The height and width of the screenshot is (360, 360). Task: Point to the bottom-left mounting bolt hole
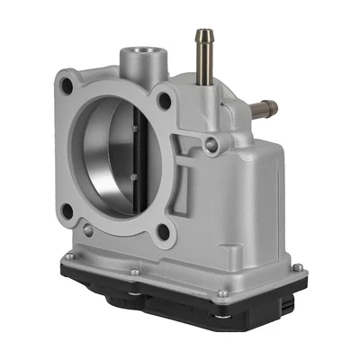point(67,211)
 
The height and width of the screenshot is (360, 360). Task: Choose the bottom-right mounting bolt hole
point(161,231)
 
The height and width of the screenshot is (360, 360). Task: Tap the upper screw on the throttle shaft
point(133,128)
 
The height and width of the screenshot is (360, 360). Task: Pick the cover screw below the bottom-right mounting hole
point(135,270)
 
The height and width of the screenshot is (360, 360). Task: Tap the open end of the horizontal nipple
point(274,107)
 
